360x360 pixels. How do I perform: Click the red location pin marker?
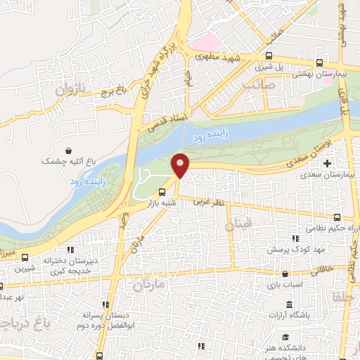[181, 165]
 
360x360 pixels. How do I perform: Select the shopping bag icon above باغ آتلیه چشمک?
[68, 150]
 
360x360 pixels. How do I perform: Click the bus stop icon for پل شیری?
[268, 57]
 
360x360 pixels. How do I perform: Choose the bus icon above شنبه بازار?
[162, 191]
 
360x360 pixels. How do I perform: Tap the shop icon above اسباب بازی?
[284, 275]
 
